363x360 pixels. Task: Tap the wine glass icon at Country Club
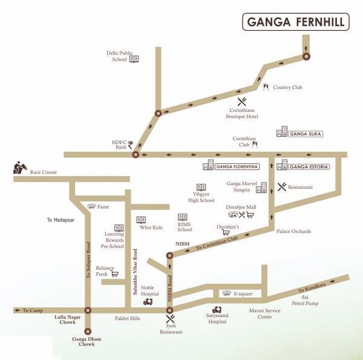[265, 87]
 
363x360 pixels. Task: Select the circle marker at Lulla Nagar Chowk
[88, 310]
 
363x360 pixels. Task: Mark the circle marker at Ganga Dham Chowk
[88, 331]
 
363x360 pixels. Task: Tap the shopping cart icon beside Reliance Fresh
[114, 273]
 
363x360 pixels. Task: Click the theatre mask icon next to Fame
[92, 206]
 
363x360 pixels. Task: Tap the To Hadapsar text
[60, 220]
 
